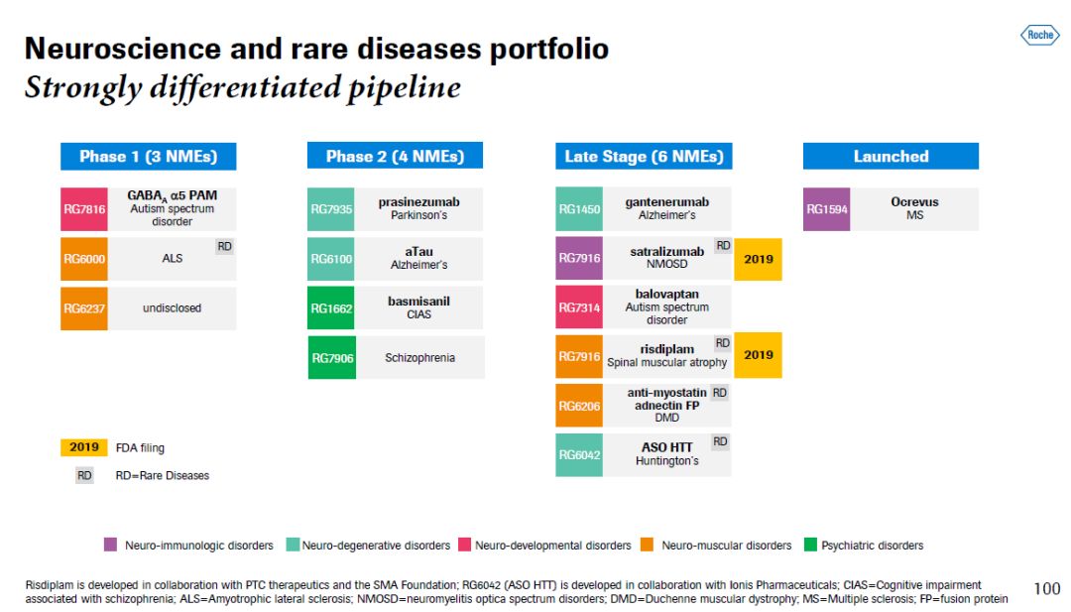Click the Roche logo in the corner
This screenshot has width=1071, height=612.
pos(1039,36)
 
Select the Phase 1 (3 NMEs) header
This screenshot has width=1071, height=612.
pos(148,157)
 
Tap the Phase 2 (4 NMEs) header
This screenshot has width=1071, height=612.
pos(395,157)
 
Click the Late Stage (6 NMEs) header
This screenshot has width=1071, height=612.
pos(644,157)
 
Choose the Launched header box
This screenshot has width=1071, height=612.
pos(891,157)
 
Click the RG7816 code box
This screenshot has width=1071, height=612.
pos(84,209)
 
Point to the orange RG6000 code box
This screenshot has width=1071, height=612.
pos(84,259)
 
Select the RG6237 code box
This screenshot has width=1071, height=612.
pos(84,308)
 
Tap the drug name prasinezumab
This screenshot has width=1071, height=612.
pos(418,202)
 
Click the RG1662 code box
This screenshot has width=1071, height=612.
pos(331,308)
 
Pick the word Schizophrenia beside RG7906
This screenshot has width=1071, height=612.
pos(419,358)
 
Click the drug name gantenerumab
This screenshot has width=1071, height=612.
pos(666,202)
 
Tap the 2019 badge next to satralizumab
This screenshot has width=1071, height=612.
pos(758,260)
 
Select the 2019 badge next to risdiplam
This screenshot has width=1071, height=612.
pos(758,355)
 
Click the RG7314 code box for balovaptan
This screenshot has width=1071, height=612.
pos(578,308)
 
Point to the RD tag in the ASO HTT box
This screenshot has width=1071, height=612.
pos(720,441)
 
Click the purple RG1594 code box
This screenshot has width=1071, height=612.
pos(826,209)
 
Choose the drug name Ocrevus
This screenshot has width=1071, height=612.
pos(914,202)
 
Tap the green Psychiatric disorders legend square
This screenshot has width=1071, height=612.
pos(810,545)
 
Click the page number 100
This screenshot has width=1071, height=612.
pos(1046,589)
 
